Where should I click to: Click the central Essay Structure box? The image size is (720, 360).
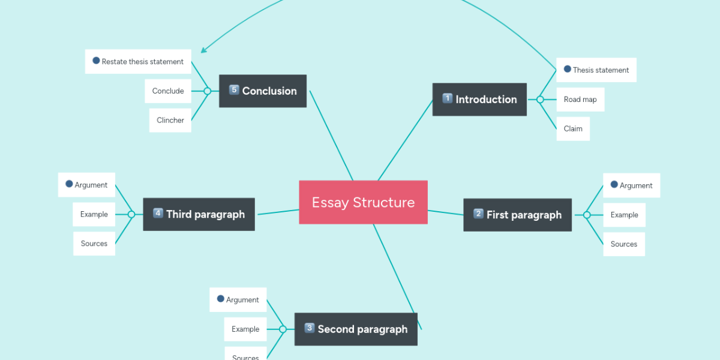(x=363, y=202)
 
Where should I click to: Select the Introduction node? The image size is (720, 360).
(x=479, y=100)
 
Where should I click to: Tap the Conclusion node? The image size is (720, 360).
(x=263, y=91)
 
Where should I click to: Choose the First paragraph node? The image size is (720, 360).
(x=517, y=215)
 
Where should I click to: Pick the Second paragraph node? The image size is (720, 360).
(x=356, y=329)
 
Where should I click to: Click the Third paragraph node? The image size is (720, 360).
(x=199, y=214)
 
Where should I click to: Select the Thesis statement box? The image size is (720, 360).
(x=596, y=70)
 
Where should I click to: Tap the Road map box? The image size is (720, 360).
(x=580, y=100)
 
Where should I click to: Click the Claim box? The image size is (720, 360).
(x=573, y=129)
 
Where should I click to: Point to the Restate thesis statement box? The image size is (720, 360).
(x=138, y=62)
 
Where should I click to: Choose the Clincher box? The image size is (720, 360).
(x=170, y=121)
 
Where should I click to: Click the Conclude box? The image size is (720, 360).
(x=168, y=91)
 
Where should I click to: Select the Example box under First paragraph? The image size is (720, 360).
(x=624, y=215)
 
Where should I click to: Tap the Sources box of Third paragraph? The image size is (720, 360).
(x=94, y=244)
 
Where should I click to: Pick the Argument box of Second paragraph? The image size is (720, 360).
(x=238, y=300)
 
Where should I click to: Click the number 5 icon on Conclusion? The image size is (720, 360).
(x=234, y=91)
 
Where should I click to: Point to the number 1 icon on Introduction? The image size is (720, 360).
(x=448, y=99)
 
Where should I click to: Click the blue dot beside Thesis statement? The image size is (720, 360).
(x=568, y=70)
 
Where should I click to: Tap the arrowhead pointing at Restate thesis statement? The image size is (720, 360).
(x=203, y=50)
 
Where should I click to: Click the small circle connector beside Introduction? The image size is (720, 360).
(x=540, y=100)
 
